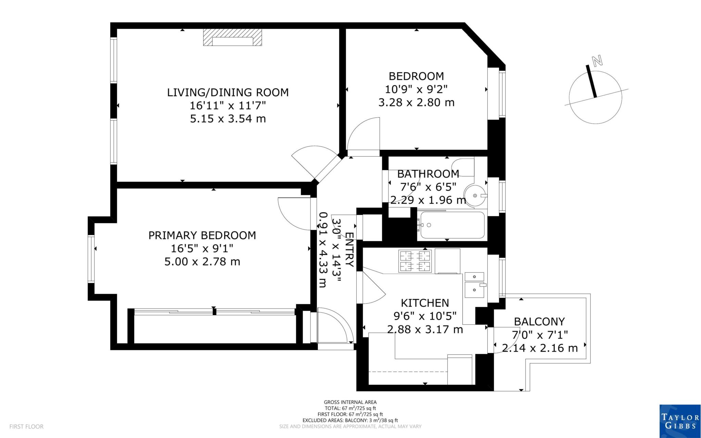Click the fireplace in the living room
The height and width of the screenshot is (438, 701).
coord(232,37)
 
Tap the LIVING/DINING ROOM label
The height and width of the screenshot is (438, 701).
coord(228,92)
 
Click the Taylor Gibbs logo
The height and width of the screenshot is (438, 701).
coord(680,421)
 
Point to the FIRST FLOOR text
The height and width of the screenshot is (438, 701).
coord(26,427)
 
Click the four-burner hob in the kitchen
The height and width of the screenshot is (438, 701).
coord(415,261)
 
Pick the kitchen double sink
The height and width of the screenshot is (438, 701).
coord(474,285)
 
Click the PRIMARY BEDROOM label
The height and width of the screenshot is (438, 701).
coord(202,235)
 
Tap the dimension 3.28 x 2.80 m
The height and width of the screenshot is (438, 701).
coord(416,102)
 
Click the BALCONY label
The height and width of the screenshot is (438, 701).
coord(539,321)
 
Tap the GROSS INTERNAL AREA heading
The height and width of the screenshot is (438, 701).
coord(350,402)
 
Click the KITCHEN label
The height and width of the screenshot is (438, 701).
coord(424,303)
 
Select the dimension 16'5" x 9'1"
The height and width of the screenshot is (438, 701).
coord(202,248)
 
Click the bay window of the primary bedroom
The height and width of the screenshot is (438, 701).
coord(91,259)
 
